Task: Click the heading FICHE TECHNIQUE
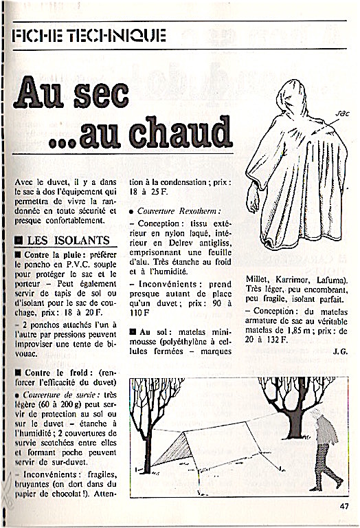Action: (89, 36)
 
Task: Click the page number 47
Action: (344, 506)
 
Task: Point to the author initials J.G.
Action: (340, 352)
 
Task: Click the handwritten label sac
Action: (343, 114)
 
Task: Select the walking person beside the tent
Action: (324, 450)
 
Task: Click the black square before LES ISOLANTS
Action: (19, 241)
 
